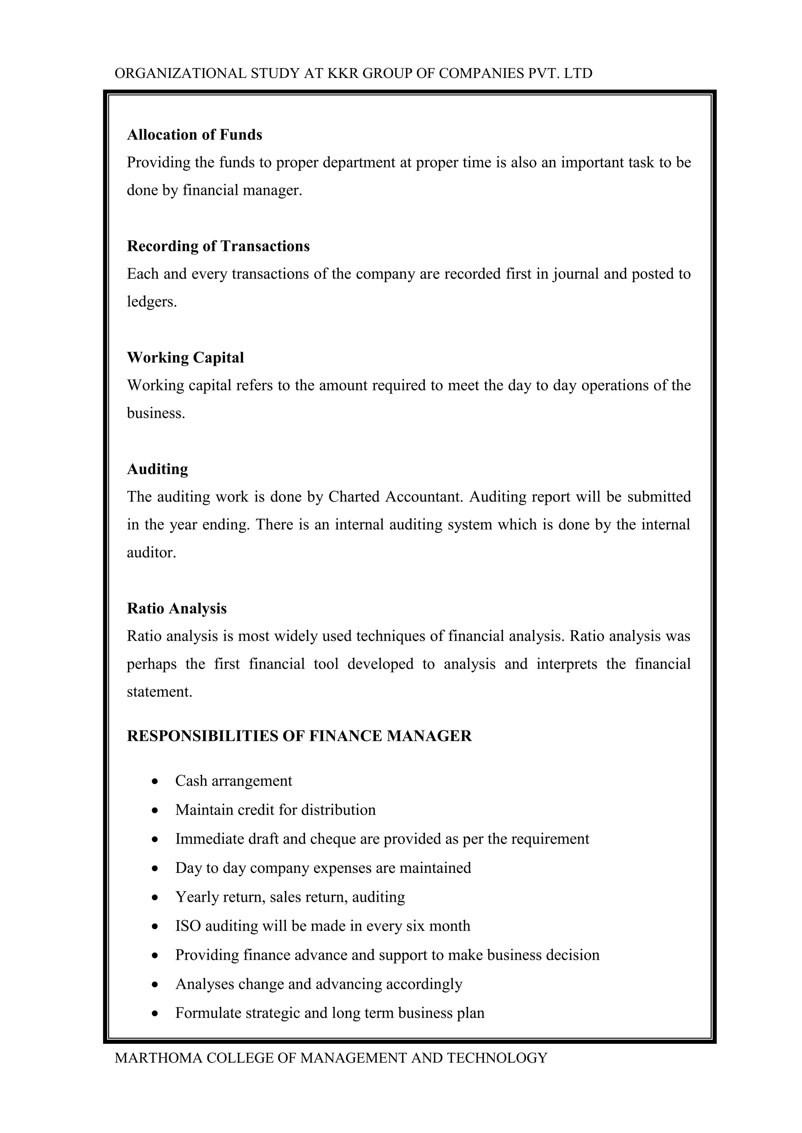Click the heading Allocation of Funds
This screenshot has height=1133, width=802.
tap(194, 135)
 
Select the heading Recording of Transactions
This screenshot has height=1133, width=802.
tap(218, 246)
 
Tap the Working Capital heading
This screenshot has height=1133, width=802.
tap(185, 357)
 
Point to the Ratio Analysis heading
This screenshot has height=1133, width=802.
tap(176, 608)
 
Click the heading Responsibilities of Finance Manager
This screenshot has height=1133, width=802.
tap(299, 736)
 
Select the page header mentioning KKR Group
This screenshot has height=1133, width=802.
tap(353, 74)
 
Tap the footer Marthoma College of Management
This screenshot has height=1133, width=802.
tap(331, 1057)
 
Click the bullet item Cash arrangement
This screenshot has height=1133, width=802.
tap(233, 781)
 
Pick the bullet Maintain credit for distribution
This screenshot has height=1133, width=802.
tap(275, 810)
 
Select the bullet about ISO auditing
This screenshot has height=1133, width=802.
tap(322, 925)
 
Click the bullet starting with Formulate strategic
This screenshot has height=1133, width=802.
tap(329, 1013)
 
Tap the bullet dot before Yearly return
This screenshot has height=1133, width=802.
tap(155, 897)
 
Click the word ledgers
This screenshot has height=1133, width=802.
tap(151, 302)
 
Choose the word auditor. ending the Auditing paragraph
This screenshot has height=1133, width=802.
tap(151, 552)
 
